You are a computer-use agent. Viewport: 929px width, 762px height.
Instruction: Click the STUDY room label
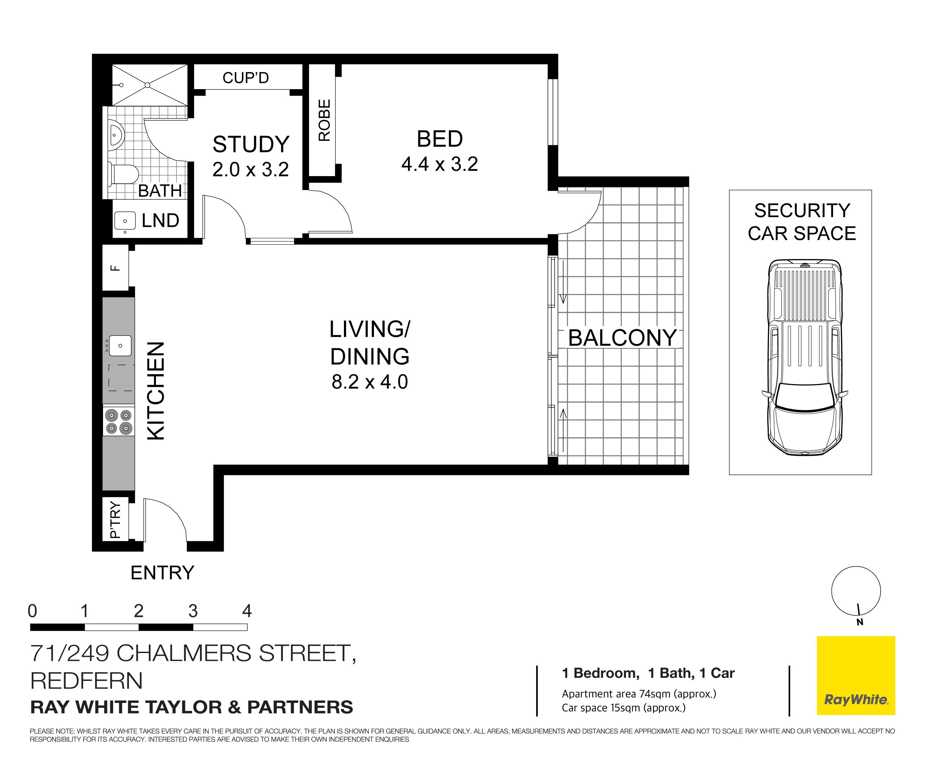click(251, 145)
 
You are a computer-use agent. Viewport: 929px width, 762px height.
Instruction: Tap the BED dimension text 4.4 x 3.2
click(440, 164)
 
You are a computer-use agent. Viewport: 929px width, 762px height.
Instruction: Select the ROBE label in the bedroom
click(324, 120)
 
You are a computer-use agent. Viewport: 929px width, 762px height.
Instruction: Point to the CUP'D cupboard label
click(245, 78)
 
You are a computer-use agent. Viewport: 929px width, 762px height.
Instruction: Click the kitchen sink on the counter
click(120, 345)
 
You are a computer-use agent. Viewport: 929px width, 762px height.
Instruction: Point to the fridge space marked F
click(115, 267)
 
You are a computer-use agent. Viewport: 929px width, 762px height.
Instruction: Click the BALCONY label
click(623, 338)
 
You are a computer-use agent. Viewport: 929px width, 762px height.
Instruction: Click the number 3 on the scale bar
click(193, 611)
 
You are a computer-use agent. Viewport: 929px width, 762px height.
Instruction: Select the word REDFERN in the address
click(86, 681)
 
